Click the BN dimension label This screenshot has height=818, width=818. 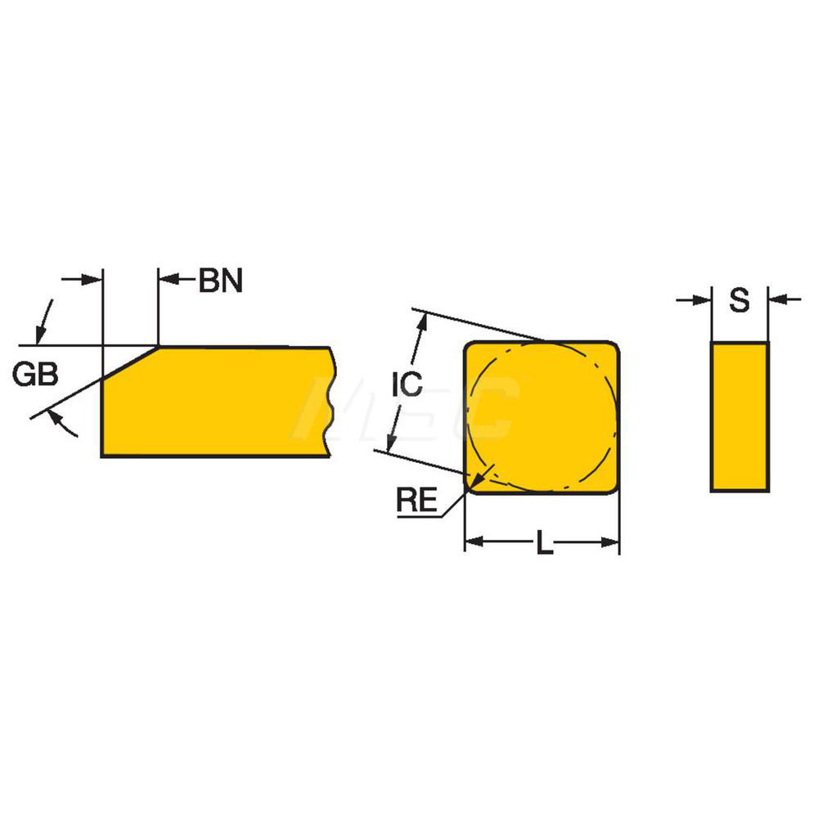pos(220,281)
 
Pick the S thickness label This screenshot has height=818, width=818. pos(739,301)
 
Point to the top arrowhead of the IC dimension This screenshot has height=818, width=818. pos(423,322)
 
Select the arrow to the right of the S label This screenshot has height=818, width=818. pos(777,300)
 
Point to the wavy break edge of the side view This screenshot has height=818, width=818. pos(331,401)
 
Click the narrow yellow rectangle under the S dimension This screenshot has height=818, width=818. pos(739,416)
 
